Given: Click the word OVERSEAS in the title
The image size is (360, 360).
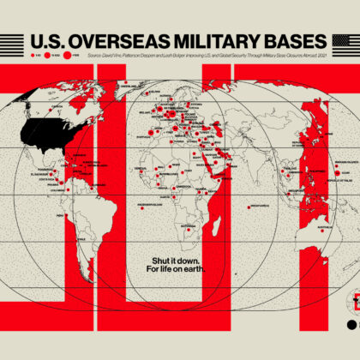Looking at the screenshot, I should [107, 42].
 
